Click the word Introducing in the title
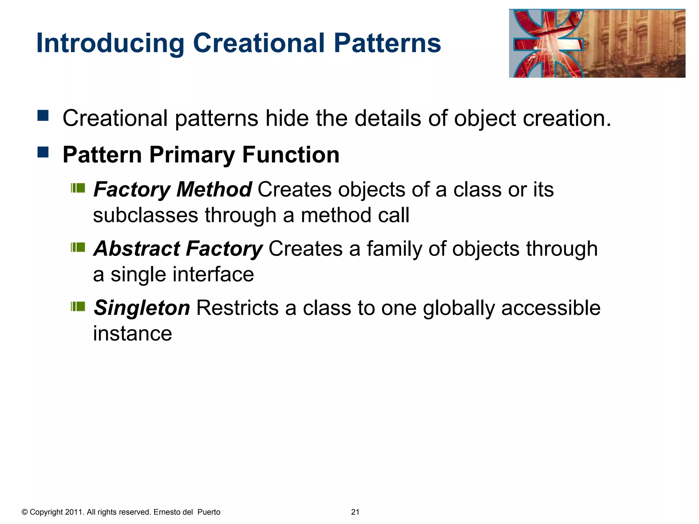point(110,44)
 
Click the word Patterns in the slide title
point(387,44)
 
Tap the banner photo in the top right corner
point(597,44)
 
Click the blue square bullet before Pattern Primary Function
point(43,152)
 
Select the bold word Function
point(290,155)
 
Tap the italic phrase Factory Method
point(172,189)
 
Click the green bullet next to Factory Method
point(78,188)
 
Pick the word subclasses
point(145,215)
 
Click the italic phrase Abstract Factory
point(178,248)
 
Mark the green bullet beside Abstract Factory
point(78,247)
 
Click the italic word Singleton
point(142,308)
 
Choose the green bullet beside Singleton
point(78,306)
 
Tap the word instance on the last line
point(132,334)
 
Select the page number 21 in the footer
point(355,512)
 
